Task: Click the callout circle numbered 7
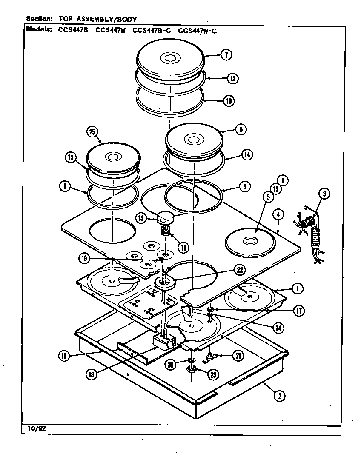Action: point(226,54)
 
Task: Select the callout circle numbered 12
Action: point(232,78)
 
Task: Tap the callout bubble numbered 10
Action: point(229,101)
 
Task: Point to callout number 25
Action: point(92,131)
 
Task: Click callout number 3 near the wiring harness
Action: point(325,195)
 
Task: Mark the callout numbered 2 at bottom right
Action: point(279,396)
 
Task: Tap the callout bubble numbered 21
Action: point(239,356)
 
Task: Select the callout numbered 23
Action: point(213,374)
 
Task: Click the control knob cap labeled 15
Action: point(165,218)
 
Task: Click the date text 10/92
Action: point(36,428)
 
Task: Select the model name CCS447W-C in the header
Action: point(197,30)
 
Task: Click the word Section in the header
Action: point(39,19)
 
